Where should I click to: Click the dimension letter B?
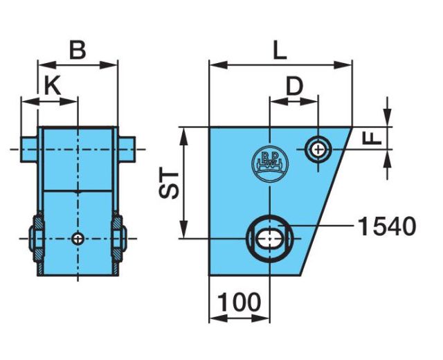point(78,51)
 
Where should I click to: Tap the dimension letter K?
point(53,86)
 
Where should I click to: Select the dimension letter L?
point(280,51)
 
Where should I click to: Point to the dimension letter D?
point(294,87)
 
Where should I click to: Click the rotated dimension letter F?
point(372,138)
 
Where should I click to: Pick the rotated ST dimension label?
point(169,184)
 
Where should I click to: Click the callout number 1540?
point(387,226)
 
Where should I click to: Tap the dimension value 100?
point(239,303)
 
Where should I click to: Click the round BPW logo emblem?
point(270,164)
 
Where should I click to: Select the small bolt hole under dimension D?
point(318,149)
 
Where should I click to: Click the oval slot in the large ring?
point(270,238)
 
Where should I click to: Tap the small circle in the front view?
point(78,239)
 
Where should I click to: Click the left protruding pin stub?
point(29,150)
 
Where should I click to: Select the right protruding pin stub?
point(127,150)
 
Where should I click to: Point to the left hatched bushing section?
point(39,239)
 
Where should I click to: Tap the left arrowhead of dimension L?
point(218,65)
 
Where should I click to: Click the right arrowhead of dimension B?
point(109,65)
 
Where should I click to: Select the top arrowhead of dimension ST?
point(184,136)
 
